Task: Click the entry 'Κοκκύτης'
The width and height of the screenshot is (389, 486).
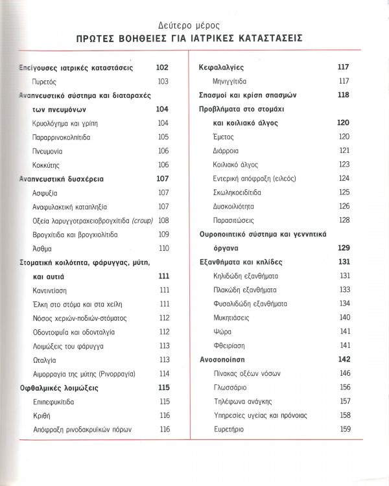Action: point(47,165)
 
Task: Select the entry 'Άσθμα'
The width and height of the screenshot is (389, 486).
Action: point(42,248)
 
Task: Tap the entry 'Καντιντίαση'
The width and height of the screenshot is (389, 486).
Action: point(51,290)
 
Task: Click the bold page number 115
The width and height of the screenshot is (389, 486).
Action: point(163,388)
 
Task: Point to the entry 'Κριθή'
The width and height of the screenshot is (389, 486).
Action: point(41,415)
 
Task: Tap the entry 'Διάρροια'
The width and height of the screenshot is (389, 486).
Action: point(226,150)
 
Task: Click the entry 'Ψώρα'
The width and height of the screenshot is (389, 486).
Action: point(222,331)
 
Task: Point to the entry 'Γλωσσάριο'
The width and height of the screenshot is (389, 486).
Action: point(231,387)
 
